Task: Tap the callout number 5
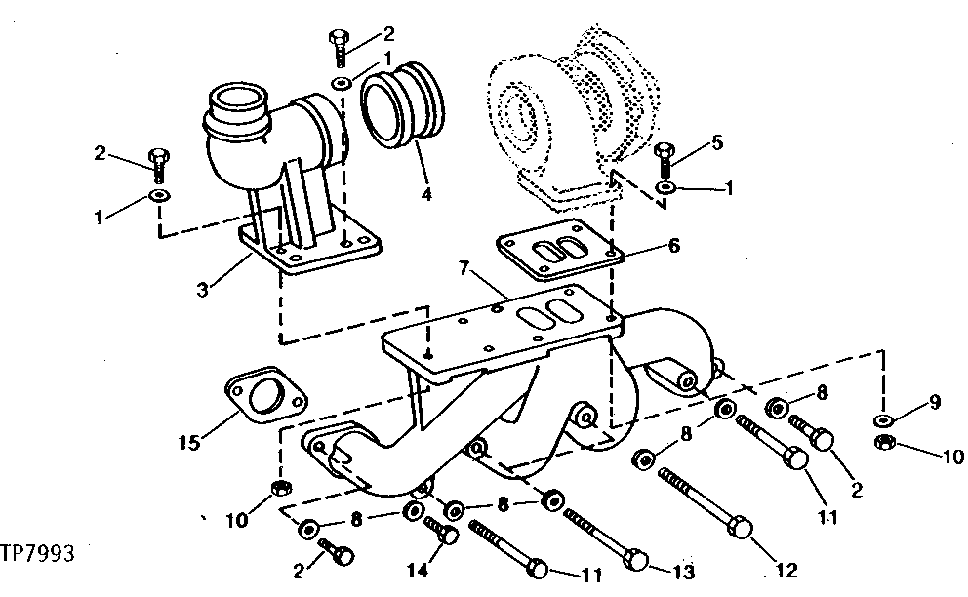718,143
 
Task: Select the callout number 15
190,443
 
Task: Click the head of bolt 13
636,558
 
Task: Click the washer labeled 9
882,419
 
